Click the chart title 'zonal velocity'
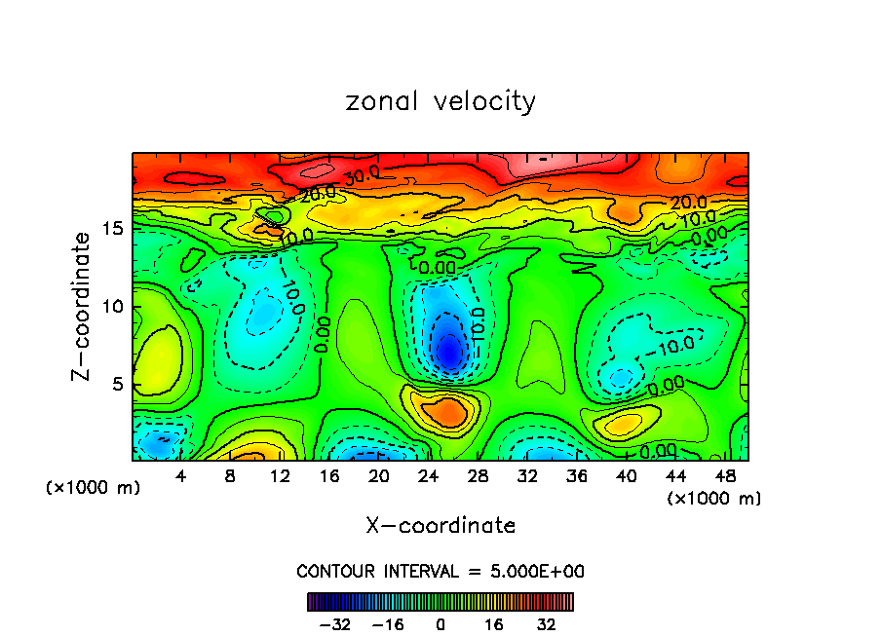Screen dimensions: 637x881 pyautogui.click(x=440, y=101)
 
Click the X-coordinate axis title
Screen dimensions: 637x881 pyautogui.click(x=440, y=525)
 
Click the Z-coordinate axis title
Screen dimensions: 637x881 pyautogui.click(x=86, y=306)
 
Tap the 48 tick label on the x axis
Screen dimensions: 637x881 pyautogui.click(x=724, y=476)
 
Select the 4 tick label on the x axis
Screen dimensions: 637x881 pyautogui.click(x=181, y=476)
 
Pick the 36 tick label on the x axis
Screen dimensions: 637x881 pyautogui.click(x=576, y=476)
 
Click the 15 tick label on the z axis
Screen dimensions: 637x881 pyautogui.click(x=111, y=228)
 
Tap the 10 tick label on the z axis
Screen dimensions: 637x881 pyautogui.click(x=111, y=306)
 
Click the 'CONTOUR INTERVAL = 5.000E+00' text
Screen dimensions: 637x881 pyautogui.click(x=440, y=571)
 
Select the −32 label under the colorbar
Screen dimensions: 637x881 pyautogui.click(x=334, y=624)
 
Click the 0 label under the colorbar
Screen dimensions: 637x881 pyautogui.click(x=440, y=624)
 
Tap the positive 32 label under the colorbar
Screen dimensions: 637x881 pyautogui.click(x=547, y=624)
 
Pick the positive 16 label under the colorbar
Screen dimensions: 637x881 pyautogui.click(x=494, y=624)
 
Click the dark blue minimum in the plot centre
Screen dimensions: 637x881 pyautogui.click(x=448, y=353)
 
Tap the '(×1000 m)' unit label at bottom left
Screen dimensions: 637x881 pyautogui.click(x=94, y=488)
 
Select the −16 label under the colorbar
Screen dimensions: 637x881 pyautogui.click(x=387, y=624)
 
